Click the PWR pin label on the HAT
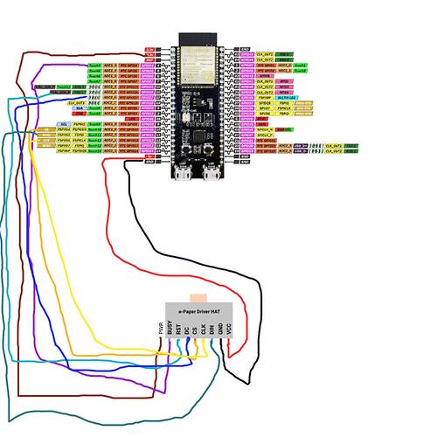[x=160, y=329]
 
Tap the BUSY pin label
[x=169, y=329]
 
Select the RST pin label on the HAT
[x=178, y=329]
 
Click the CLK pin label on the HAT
[x=204, y=329]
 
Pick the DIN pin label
[x=212, y=329]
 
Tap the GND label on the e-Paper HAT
[x=221, y=329]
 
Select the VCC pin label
[x=230, y=329]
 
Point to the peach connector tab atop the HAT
[x=198, y=298]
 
